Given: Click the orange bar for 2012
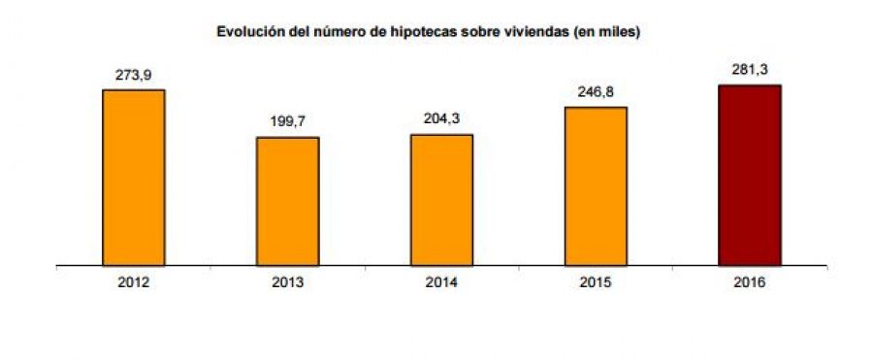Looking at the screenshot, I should (133, 177).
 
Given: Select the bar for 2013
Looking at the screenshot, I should (287, 201).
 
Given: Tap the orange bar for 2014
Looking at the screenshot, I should (441, 199).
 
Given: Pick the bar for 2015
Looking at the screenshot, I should (596, 185).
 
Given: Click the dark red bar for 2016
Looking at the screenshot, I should (749, 175).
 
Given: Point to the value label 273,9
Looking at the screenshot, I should (133, 75).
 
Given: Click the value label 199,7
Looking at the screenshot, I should (287, 122).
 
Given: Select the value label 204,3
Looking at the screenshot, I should (441, 119).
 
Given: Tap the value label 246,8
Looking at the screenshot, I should (596, 92).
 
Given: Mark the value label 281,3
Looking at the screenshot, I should (749, 70).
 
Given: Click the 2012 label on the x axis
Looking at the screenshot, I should (133, 282).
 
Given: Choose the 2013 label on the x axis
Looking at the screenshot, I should (287, 282).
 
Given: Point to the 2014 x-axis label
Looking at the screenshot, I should (441, 282).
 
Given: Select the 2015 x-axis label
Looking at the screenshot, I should (596, 282).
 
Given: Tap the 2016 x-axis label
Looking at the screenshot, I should (749, 282).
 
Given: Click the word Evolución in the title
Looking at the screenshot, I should (246, 32).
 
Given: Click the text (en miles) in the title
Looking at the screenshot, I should (609, 32).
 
